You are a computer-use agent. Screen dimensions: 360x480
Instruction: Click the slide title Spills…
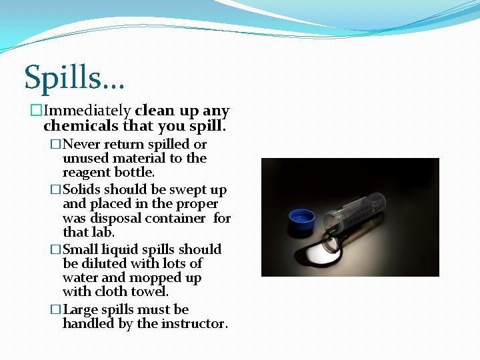click(74, 79)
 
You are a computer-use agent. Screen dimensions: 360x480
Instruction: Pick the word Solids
click(82, 190)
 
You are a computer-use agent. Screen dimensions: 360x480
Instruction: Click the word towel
click(152, 291)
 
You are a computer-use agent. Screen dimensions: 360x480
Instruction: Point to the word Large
click(81, 309)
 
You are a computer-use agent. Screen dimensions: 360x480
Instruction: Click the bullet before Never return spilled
click(56, 145)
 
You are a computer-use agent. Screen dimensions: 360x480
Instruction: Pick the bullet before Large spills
click(56, 310)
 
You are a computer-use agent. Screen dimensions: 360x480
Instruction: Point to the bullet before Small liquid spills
click(56, 249)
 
